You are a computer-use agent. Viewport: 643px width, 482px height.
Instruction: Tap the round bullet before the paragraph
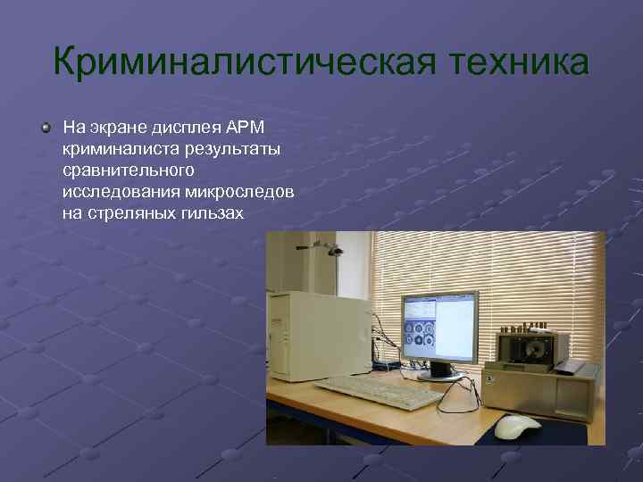click(46, 129)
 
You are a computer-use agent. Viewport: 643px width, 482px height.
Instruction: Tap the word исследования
click(121, 192)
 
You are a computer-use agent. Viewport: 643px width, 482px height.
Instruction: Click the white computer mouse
click(517, 426)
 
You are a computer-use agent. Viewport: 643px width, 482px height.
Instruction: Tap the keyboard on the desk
click(368, 389)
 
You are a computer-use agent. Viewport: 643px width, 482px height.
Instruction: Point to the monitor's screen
click(438, 327)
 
